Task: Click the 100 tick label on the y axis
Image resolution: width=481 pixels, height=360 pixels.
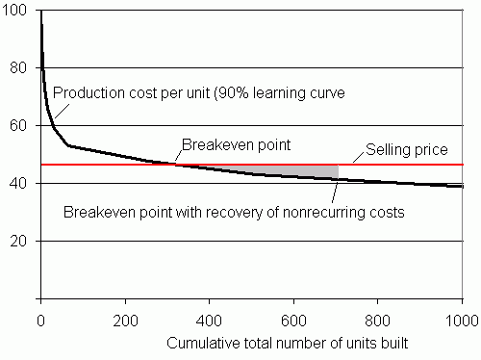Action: coord(20,13)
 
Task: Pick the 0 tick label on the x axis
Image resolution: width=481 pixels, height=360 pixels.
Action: coord(40,319)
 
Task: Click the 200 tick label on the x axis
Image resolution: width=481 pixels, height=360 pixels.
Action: coord(125,319)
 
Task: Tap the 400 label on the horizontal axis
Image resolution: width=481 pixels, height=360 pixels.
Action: coord(210,319)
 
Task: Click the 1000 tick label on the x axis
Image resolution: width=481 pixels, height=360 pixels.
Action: coord(460,319)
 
